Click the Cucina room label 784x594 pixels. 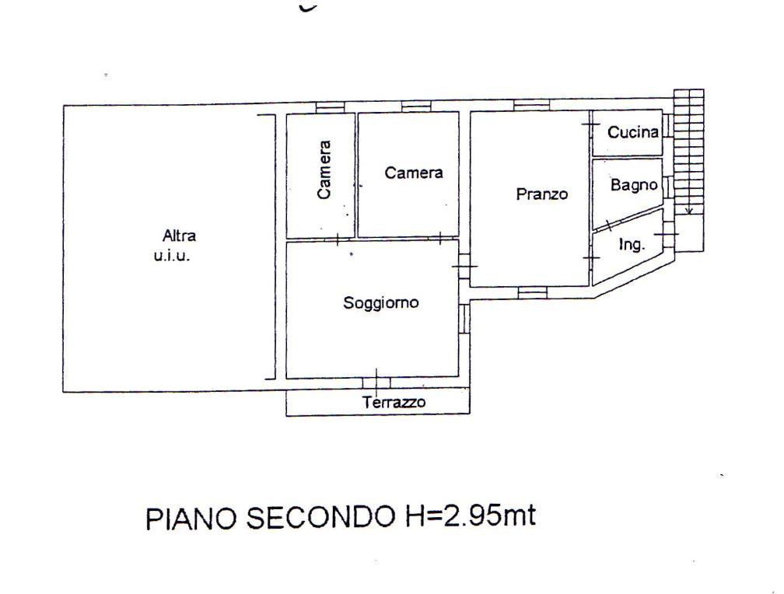632,132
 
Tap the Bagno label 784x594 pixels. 633,186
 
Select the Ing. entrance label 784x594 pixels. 632,244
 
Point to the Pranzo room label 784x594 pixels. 542,194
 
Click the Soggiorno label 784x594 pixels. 380,303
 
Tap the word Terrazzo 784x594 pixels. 394,402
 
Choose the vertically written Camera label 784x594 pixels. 324,170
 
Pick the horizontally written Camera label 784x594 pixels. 414,173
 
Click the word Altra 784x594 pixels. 179,236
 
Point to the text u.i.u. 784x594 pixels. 171,257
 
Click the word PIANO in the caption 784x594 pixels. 191,519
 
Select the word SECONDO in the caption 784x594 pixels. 320,517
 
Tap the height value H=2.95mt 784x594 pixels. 470,515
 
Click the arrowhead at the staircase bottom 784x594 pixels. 688,211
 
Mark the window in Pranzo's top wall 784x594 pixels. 531,105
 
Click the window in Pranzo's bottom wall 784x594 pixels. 532,292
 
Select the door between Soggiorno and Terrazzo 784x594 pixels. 376,383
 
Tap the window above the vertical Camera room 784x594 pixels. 330,107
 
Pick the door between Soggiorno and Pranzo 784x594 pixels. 464,266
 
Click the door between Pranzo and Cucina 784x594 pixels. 590,124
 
